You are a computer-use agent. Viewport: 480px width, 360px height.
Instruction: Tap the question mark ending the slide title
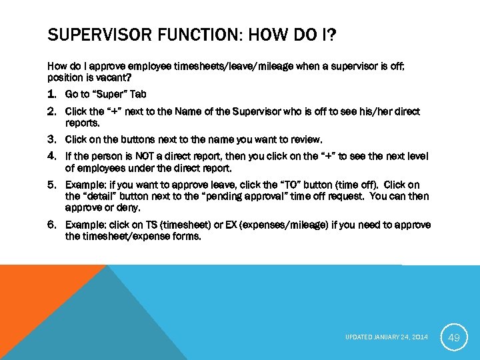(x=331, y=33)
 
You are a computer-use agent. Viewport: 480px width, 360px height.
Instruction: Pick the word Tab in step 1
(x=138, y=95)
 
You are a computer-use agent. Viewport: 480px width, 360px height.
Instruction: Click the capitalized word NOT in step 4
(x=147, y=157)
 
